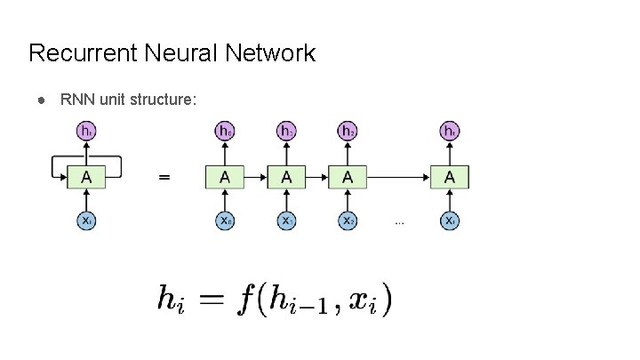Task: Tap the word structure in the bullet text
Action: click(164, 99)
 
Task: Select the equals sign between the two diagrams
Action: click(164, 177)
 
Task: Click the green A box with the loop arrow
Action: click(86, 177)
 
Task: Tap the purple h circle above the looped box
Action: click(86, 132)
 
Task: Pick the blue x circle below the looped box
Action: click(86, 220)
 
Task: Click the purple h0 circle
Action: click(226, 132)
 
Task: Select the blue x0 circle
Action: click(226, 220)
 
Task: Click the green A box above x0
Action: click(226, 177)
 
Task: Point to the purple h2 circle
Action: click(348, 132)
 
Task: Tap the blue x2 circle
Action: click(348, 220)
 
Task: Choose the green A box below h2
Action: click(348, 177)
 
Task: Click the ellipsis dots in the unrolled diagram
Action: click(399, 223)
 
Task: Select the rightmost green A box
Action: click(451, 177)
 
